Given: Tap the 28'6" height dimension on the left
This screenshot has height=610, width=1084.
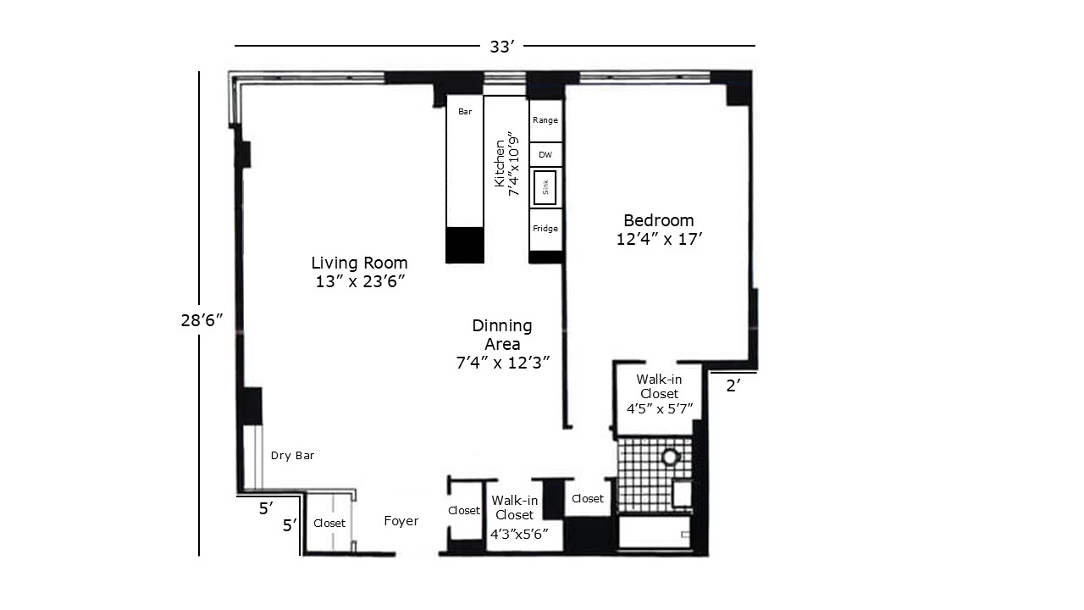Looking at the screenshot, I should (201, 320).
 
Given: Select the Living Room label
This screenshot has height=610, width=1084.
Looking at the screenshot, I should (359, 272).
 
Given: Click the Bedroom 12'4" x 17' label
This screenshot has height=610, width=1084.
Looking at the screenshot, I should (661, 230).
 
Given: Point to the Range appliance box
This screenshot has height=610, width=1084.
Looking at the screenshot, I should (545, 120).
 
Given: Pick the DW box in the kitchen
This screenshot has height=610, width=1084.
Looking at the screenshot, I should (545, 155).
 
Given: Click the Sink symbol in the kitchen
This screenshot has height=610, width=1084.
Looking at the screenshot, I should (545, 187).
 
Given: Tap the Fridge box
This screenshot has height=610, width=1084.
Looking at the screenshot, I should (545, 229).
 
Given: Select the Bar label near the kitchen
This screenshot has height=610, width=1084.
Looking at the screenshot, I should (465, 111).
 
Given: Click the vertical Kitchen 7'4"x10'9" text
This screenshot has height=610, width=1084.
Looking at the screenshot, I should (506, 164).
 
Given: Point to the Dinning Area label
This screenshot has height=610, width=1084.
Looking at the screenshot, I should (502, 344).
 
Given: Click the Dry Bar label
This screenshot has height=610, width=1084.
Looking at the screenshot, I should (293, 456).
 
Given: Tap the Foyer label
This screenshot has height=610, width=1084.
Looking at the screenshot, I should (401, 521).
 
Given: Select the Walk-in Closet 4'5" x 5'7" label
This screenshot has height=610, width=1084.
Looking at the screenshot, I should (660, 394).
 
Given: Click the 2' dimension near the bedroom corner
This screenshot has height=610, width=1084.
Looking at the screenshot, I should (733, 386).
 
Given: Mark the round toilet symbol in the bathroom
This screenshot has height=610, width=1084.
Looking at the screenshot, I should (671, 457).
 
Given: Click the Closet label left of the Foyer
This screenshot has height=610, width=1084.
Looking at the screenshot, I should (329, 524).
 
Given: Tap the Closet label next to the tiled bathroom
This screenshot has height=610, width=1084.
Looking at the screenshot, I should (588, 499).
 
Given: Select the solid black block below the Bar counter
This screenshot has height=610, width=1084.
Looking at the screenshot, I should (464, 245).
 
